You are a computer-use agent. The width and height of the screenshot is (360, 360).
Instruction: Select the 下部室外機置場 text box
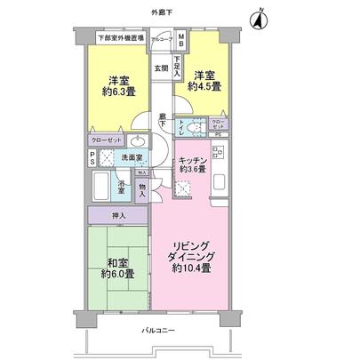[x=122, y=38]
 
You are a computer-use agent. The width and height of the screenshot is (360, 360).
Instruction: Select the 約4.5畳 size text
[x=204, y=86]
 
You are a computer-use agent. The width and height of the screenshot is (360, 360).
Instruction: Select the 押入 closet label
[x=119, y=215]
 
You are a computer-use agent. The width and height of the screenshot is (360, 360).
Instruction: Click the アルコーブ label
[x=161, y=40]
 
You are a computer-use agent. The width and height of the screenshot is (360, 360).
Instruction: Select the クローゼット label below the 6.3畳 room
[x=106, y=140]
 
